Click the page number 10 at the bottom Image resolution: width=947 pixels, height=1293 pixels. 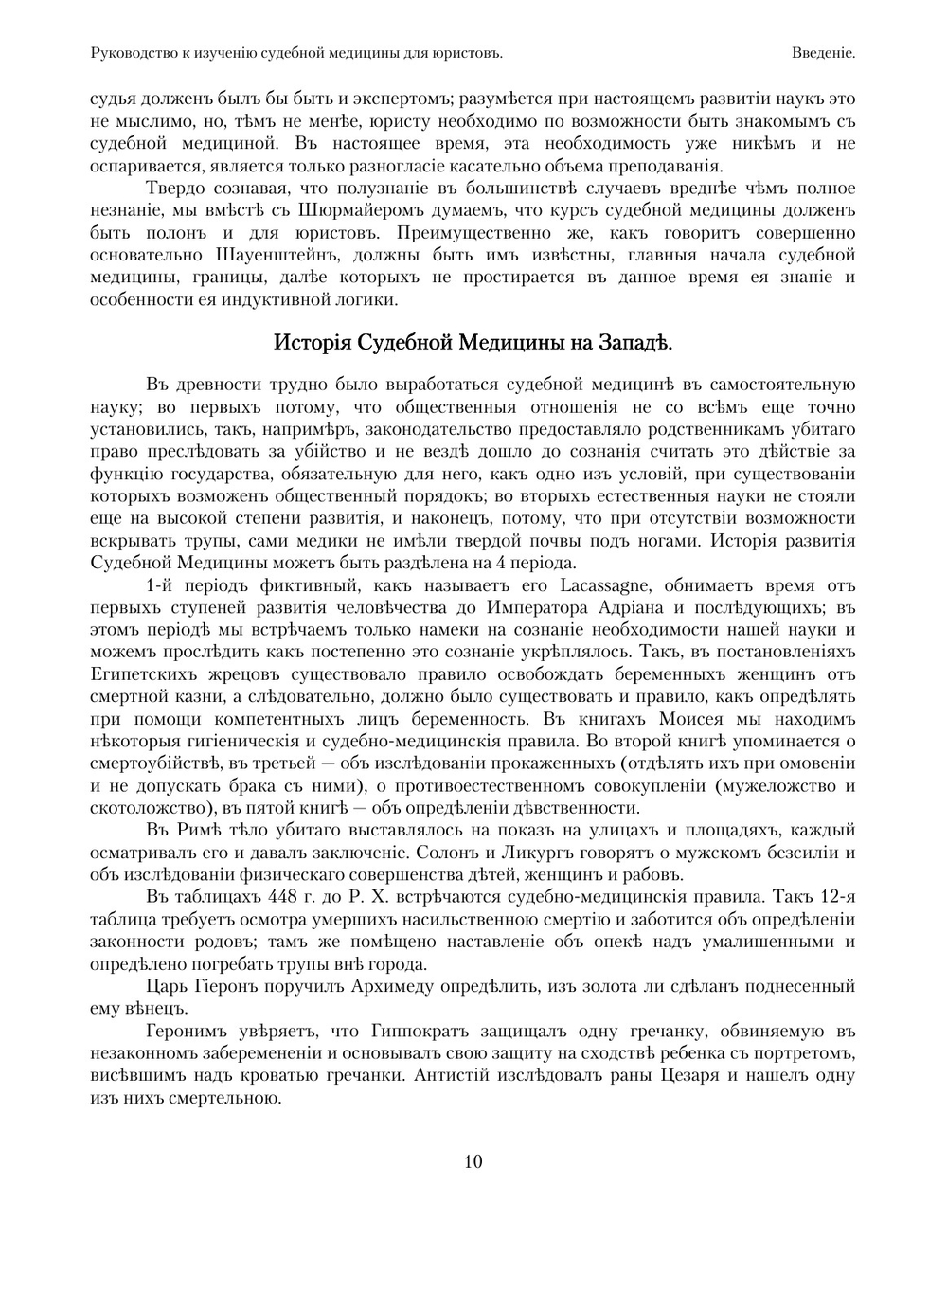(x=473, y=1161)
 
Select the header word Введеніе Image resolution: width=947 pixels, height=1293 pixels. (x=824, y=54)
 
